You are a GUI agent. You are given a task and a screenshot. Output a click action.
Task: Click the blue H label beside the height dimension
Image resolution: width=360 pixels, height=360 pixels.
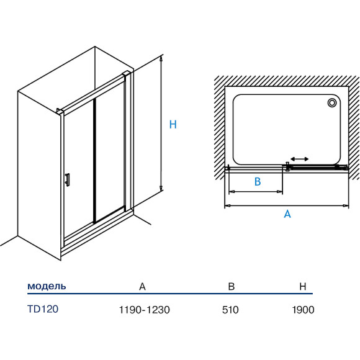[173, 124]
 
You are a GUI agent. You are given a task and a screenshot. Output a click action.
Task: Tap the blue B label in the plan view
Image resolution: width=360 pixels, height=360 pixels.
[258, 181]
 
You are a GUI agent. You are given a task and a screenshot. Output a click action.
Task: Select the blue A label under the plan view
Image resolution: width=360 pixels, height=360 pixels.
[287, 214]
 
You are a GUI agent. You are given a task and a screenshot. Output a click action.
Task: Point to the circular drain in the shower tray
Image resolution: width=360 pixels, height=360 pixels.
[332, 102]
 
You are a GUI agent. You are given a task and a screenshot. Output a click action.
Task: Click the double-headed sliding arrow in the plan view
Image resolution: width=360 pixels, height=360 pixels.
[299, 159]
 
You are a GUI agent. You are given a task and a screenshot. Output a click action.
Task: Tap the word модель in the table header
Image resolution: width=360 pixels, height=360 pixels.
[47, 286]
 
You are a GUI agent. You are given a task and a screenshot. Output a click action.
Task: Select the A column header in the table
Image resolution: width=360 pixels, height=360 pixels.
[142, 287]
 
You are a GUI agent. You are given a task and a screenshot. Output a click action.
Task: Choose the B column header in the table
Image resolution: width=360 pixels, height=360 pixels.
[231, 286]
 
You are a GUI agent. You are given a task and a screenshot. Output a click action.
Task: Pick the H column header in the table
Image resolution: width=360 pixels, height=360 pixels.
[303, 286]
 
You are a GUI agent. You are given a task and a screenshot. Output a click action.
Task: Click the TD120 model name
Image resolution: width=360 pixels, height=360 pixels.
[43, 309]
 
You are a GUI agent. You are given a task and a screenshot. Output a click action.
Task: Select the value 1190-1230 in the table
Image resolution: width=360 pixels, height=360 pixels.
[144, 310]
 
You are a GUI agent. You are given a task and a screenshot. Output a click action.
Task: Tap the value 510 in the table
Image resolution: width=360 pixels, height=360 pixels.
[230, 310]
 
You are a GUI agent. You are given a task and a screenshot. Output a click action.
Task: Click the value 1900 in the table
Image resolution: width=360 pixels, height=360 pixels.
[303, 310]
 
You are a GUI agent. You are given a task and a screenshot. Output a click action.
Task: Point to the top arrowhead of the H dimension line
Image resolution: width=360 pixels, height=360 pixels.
[161, 58]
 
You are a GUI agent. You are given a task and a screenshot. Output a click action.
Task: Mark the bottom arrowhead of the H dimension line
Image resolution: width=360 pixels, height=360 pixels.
[161, 188]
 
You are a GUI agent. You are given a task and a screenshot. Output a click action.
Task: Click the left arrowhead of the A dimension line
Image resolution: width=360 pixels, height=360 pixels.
[227, 205]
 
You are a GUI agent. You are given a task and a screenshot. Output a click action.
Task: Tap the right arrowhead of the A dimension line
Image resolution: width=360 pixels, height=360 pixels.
[346, 205]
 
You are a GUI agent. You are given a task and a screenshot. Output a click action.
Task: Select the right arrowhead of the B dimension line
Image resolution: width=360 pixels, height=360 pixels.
[280, 191]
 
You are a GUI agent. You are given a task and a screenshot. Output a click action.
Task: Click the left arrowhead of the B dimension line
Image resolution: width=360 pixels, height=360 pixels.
[232, 191]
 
